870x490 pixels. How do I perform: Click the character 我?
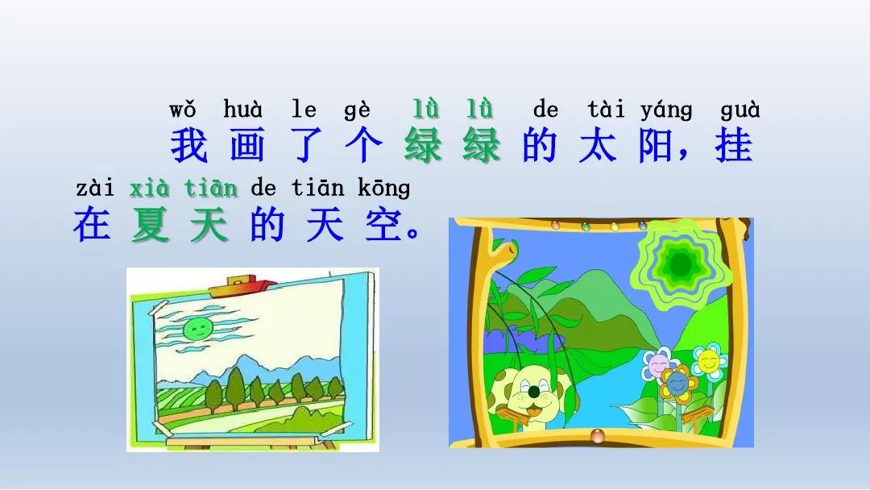[x=189, y=146]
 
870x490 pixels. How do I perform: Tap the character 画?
[x=247, y=146]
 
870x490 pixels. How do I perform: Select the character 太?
[x=597, y=146]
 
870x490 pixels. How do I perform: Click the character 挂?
[x=734, y=146]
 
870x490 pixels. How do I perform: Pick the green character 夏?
[x=151, y=224]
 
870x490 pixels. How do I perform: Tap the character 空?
[x=383, y=224]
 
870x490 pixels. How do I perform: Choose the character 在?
[x=92, y=224]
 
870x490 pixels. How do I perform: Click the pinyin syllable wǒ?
[x=183, y=110]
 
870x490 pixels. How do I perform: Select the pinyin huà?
[x=242, y=109]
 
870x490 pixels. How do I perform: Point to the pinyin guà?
[x=739, y=110]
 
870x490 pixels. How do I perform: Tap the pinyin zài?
[x=95, y=188]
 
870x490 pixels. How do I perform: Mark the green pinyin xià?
[x=149, y=188]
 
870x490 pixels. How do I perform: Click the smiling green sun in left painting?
[x=197, y=330]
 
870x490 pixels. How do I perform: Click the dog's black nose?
[x=534, y=392]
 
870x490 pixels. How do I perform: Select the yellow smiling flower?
[x=709, y=361]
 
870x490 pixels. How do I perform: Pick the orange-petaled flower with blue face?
[x=677, y=382]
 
